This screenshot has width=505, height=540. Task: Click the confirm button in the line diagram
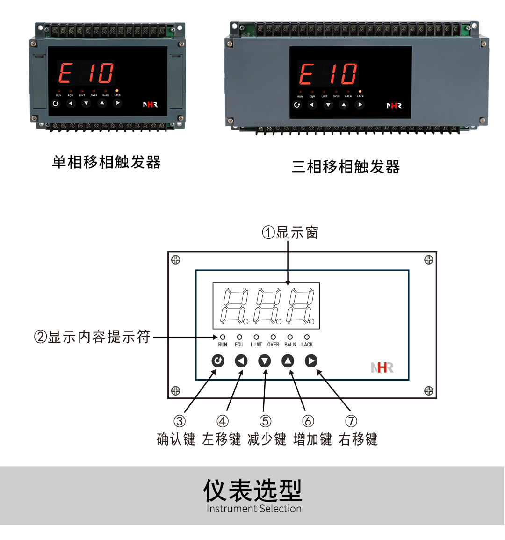(218, 360)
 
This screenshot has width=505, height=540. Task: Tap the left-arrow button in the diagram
(241, 360)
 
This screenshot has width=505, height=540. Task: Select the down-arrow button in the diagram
(265, 360)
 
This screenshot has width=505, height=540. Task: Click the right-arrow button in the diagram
(311, 360)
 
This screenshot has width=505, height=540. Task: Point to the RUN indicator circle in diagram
(223, 337)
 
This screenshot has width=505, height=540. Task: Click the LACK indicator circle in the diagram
(307, 337)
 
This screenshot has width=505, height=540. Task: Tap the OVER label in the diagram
(273, 345)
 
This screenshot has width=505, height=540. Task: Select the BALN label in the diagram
(290, 345)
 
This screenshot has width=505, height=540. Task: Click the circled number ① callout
(268, 232)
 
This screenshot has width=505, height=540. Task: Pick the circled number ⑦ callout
(351, 421)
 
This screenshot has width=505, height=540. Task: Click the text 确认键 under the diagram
(176, 439)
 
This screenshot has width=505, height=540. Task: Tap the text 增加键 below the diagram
(312, 439)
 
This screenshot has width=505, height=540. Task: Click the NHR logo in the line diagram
(382, 367)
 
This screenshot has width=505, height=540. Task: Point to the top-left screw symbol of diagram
(176, 260)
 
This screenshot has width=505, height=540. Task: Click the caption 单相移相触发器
(107, 162)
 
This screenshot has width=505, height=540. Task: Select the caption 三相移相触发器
(346, 167)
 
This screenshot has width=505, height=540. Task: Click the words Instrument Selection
(254, 509)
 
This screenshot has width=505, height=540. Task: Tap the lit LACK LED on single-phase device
(117, 90)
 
